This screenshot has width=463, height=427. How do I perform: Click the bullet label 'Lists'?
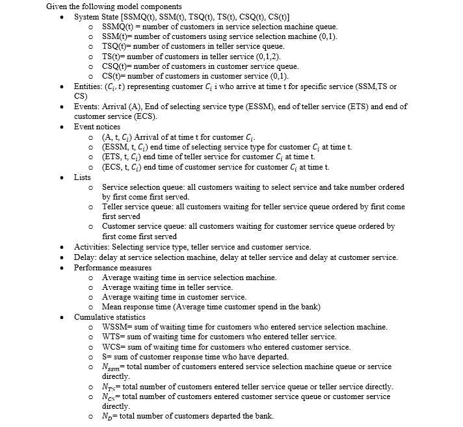click(x=83, y=177)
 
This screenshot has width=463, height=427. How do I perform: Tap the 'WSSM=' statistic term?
click(x=116, y=327)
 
